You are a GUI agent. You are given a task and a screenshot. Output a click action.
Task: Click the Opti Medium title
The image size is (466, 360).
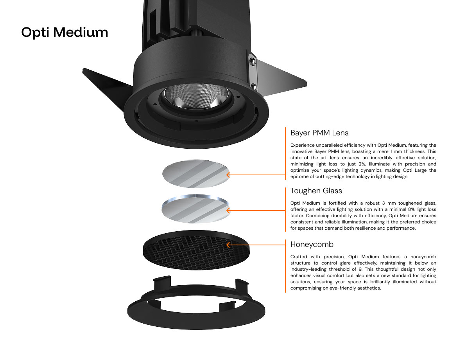65,32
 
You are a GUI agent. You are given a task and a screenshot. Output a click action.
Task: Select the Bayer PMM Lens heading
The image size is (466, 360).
319,133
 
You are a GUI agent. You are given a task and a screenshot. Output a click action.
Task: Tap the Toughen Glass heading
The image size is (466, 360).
316,191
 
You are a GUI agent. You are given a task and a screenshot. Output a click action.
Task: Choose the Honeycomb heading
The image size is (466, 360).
312,244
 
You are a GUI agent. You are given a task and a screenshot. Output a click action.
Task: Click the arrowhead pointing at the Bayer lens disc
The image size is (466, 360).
228,175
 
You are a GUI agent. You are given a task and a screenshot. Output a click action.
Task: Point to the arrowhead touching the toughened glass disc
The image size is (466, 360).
228,211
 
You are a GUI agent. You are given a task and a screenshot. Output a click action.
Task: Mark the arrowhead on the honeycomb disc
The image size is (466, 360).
228,245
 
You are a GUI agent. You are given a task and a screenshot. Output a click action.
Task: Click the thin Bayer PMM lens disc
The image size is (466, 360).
195,174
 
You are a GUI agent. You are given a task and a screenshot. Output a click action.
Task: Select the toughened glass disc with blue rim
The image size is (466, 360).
195,209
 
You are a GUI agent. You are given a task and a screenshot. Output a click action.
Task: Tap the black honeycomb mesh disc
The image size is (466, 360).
196,250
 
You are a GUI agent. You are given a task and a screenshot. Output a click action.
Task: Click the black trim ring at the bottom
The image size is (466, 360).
196,317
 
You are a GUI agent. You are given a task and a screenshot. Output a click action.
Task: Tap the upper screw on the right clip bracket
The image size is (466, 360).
252,61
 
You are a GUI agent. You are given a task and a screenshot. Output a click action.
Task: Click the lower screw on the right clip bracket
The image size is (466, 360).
253,87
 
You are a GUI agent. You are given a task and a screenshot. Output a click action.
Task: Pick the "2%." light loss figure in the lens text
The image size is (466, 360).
361,164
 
